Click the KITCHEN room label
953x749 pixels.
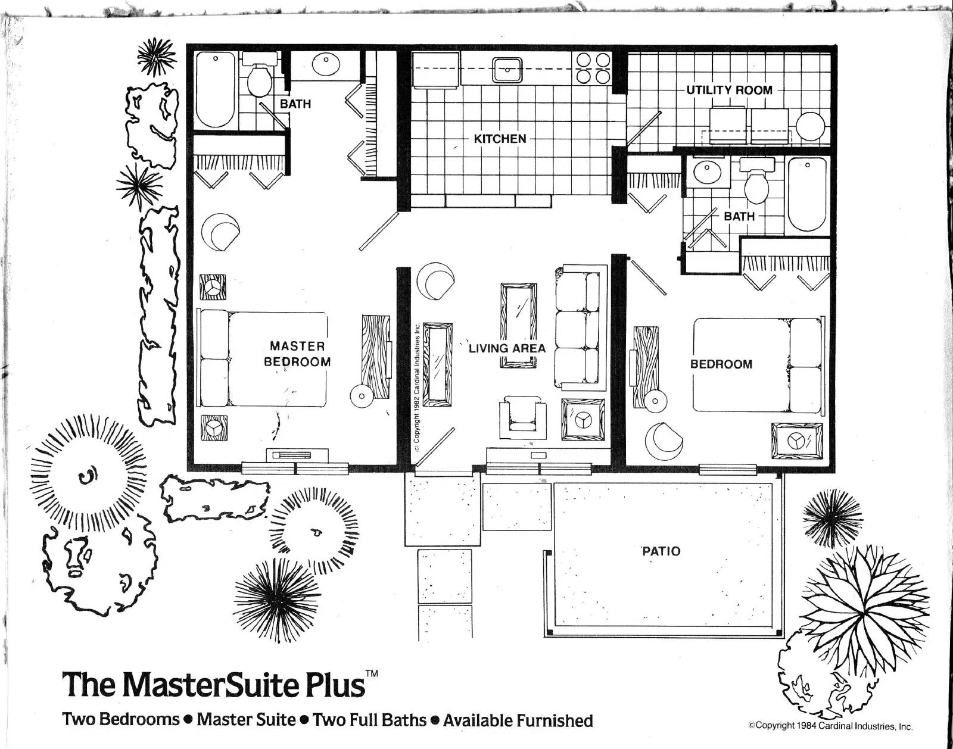click(500, 139)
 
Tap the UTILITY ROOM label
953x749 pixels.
click(730, 90)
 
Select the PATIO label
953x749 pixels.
click(661, 551)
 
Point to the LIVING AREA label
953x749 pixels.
click(507, 348)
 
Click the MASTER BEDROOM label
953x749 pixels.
click(297, 354)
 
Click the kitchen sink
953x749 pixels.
click(507, 70)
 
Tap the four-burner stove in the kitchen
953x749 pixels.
click(593, 68)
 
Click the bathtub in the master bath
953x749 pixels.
click(215, 90)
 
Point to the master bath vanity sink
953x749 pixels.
click(326, 65)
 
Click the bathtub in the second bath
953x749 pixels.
click(807, 195)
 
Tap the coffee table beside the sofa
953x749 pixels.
click(519, 325)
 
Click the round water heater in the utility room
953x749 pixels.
click(811, 127)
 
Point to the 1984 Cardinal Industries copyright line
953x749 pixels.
click(830, 726)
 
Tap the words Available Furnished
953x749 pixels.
click(518, 720)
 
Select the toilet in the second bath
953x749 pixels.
click(756, 182)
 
